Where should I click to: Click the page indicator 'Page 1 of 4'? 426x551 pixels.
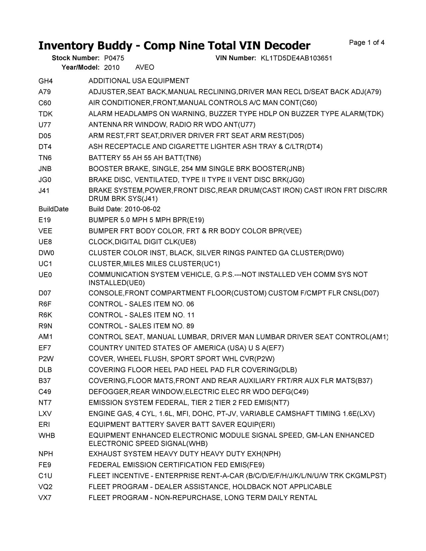(x=367, y=43)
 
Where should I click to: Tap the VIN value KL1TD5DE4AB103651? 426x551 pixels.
(x=296, y=58)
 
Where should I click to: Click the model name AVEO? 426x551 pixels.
(x=145, y=68)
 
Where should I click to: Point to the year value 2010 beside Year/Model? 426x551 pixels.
(x=112, y=68)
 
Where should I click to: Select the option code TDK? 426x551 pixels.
(x=46, y=114)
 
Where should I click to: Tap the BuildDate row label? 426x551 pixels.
(x=54, y=209)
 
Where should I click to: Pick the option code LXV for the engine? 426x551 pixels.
(x=45, y=414)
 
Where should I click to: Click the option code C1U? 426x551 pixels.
(x=45, y=476)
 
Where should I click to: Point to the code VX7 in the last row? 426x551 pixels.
(x=45, y=498)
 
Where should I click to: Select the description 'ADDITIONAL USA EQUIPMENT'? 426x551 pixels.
(x=139, y=81)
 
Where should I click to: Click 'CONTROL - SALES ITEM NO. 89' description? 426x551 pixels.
(x=141, y=326)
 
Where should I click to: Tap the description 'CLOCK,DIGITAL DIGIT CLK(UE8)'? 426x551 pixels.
(x=142, y=242)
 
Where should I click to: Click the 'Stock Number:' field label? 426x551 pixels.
(x=76, y=58)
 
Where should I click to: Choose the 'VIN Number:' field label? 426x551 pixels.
(x=236, y=58)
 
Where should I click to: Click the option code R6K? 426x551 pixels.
(x=45, y=315)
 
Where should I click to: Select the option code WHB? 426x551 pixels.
(x=47, y=436)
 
